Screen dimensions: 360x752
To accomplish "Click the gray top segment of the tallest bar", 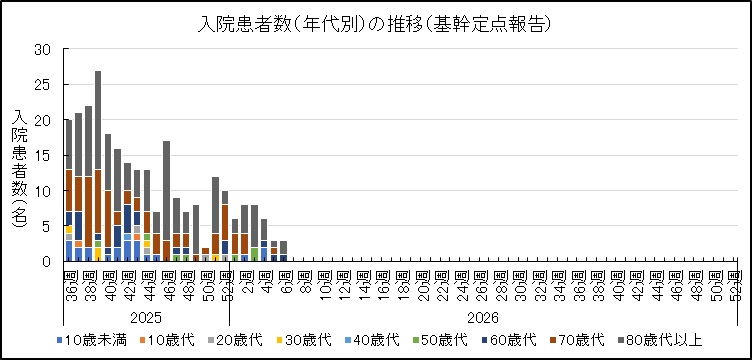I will click(x=98, y=120).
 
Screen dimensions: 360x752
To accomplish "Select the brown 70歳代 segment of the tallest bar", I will click(x=98, y=201).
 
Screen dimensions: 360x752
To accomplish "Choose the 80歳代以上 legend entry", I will click(x=671, y=345).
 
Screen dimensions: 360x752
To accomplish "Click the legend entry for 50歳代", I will click(x=438, y=345).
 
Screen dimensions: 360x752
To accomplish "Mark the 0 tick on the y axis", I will click(x=45, y=261).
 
